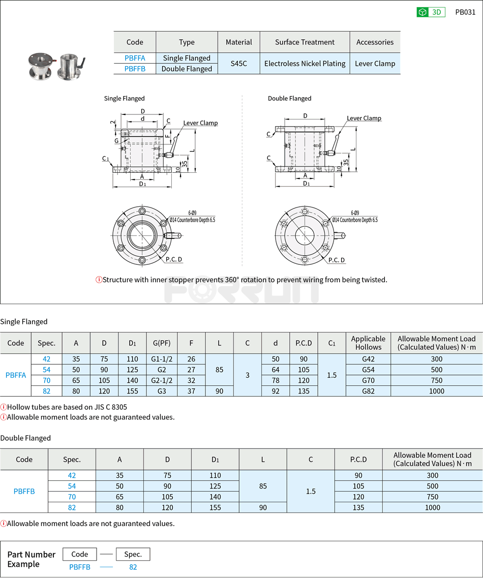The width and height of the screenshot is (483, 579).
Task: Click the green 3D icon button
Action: coord(431,12)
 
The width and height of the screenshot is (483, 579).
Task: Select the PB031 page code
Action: coord(465,12)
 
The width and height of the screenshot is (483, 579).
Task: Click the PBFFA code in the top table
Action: coord(135,58)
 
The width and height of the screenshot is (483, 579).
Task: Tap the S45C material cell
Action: coord(238,64)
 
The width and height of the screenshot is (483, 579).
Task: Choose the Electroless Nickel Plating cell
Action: coord(305,64)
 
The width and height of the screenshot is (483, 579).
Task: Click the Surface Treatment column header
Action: coord(305,42)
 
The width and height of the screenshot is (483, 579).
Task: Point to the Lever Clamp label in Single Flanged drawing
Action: coord(200,123)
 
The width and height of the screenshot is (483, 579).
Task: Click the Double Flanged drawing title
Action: coord(289,99)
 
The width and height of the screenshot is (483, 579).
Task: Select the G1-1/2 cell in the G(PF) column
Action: coord(162,359)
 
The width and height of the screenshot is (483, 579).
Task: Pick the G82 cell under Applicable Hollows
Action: coord(368,391)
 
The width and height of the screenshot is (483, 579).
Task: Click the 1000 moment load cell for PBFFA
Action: coord(436,391)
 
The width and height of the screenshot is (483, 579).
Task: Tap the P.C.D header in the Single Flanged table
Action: coord(304,343)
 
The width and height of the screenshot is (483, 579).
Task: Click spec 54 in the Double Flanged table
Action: coord(72,486)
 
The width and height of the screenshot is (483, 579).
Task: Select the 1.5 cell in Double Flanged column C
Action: coord(311,491)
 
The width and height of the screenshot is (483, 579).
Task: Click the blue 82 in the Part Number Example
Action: coord(133,567)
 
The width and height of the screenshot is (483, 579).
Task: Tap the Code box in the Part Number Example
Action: coord(80,554)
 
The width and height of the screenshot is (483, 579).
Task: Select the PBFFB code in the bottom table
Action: coord(24,491)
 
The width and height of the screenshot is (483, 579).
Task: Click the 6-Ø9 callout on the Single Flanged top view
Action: coord(193,213)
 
